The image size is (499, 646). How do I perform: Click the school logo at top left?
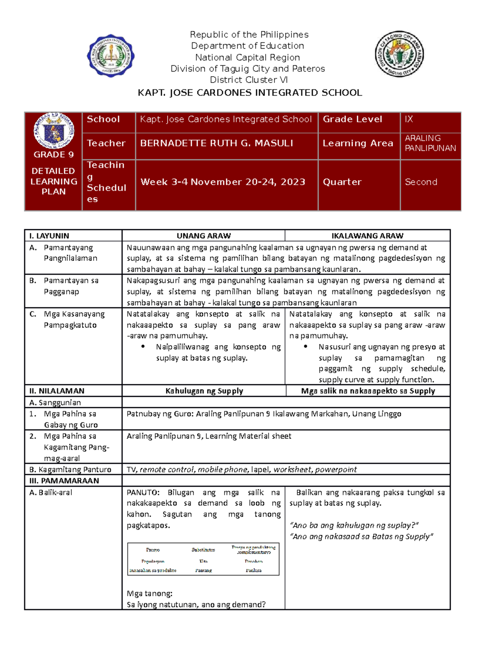[x=111, y=55]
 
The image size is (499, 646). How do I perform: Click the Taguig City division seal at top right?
[x=399, y=54]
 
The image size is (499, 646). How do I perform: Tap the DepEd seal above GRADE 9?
[x=54, y=131]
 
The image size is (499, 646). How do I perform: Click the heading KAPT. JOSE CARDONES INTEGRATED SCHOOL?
[x=249, y=93]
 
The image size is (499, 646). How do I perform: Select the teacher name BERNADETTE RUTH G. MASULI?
[x=216, y=144]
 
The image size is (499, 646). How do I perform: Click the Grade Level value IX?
[x=409, y=119]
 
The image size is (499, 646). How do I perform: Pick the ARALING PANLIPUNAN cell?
[x=430, y=143]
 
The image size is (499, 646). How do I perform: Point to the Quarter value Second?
[x=421, y=182]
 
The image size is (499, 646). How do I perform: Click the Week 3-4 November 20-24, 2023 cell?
[x=222, y=182]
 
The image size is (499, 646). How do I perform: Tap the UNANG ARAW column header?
[x=203, y=236]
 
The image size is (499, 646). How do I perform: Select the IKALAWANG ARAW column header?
[x=367, y=236]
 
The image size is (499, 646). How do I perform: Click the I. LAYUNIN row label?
[x=49, y=236]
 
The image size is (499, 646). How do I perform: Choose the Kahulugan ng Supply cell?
[x=204, y=391]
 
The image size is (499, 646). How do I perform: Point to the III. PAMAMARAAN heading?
[x=64, y=481]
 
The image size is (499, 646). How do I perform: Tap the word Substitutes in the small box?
[x=203, y=550]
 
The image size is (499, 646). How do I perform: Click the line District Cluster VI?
[x=249, y=80]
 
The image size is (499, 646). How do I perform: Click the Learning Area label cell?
[x=358, y=144]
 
